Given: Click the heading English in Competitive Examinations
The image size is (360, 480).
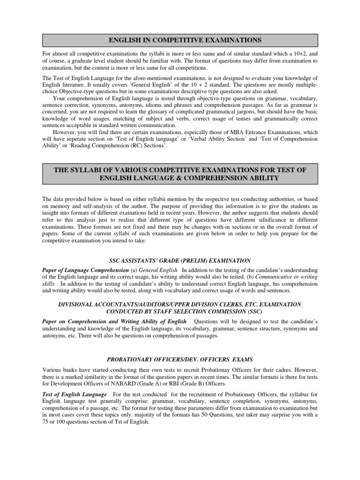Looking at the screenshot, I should pyautogui.click(x=180, y=39).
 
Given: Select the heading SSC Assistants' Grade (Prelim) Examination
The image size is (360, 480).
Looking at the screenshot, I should pyautogui.click(x=180, y=260).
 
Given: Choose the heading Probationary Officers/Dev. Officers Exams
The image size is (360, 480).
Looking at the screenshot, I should pyautogui.click(x=180, y=360).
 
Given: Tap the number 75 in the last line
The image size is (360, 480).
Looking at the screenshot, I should pyautogui.click(x=46, y=421).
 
